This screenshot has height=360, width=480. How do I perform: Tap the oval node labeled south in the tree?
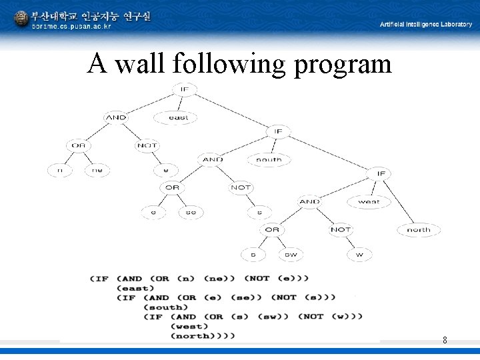pos(269,159)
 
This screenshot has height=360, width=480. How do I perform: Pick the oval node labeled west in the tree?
pos(369,201)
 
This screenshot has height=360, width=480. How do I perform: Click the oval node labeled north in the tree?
pos(419,229)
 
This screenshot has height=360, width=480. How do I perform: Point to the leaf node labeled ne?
pos(97,171)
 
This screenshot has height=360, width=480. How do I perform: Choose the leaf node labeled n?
pos(60,171)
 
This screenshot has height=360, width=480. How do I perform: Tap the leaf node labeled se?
pos(191,213)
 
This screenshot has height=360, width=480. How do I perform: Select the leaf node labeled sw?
pos(291,255)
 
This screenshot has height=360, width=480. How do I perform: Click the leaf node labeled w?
pos(359,255)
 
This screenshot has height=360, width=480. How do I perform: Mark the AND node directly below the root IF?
pos(116,117)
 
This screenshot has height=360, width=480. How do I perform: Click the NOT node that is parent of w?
pos(340,229)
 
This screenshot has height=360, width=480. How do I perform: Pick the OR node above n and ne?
pos(79,145)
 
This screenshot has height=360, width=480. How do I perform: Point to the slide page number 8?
pos(445,341)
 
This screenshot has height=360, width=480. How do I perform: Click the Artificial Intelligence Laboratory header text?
pos(425,24)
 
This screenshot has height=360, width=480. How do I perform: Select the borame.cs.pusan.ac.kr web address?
pos(72,27)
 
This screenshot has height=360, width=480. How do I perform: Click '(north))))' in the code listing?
pos(203,336)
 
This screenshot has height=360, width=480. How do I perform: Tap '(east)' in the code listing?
pos(131,288)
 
